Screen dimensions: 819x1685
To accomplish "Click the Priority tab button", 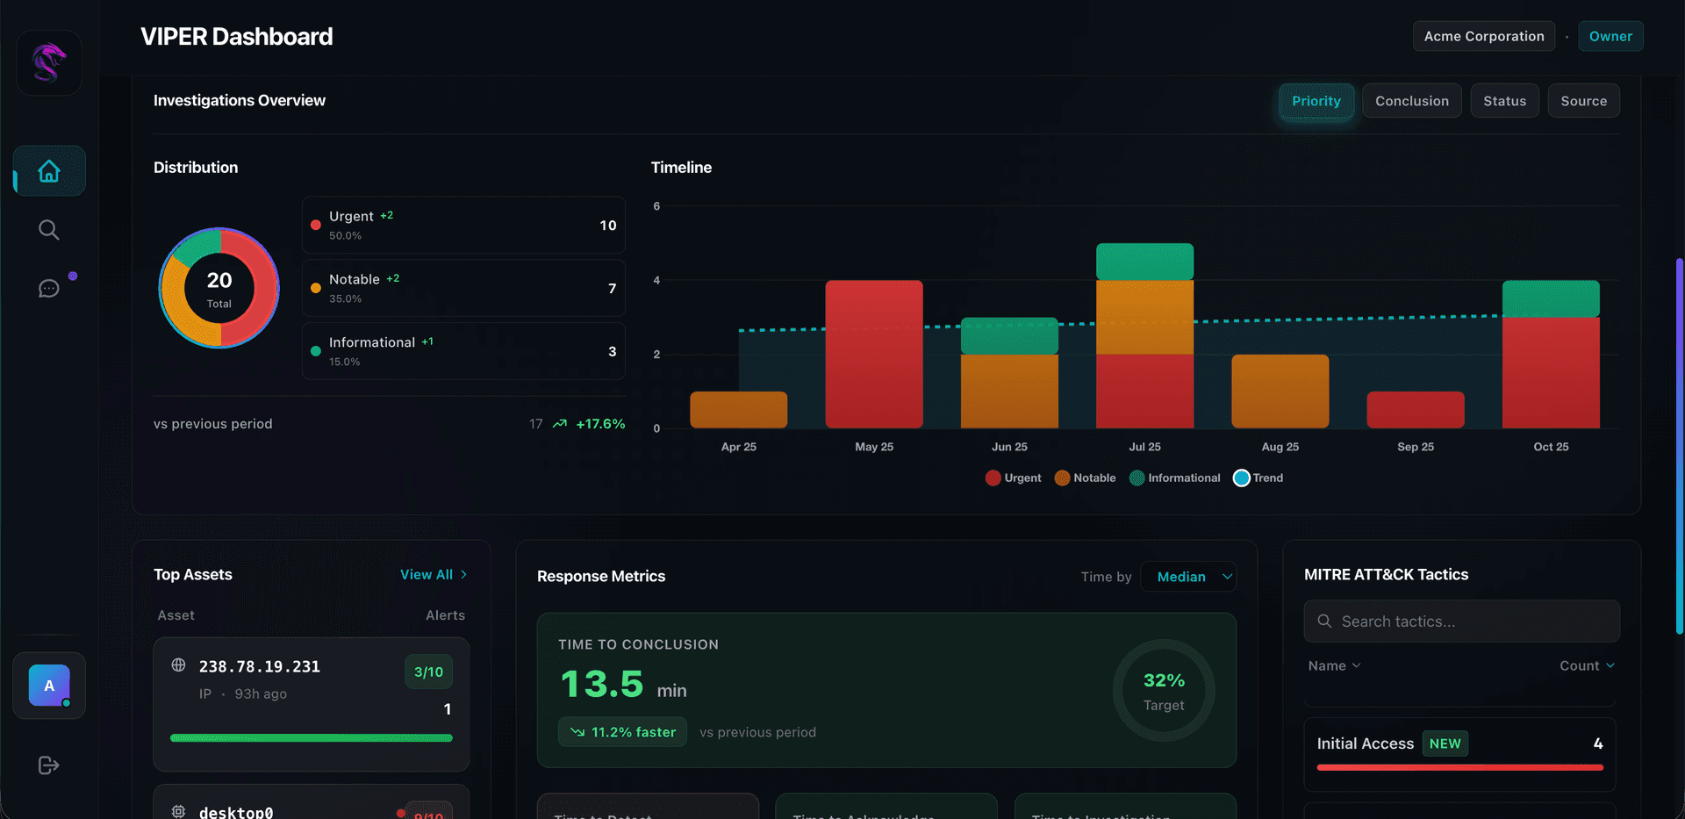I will (x=1316, y=101).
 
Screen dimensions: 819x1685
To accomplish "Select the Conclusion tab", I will (x=1411, y=101).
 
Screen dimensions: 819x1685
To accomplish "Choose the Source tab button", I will (x=1583, y=101).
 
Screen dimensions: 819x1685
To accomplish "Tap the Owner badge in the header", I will (x=1610, y=36).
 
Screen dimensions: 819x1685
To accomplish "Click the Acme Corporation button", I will (x=1483, y=36).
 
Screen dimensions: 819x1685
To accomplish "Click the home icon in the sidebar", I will (x=49, y=171).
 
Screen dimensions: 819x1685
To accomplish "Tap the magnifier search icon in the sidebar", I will (x=49, y=230).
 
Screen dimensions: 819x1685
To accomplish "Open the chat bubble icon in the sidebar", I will (x=49, y=289).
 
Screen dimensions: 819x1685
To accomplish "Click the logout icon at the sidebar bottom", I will (x=49, y=765).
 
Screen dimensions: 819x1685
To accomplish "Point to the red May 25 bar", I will (x=874, y=354).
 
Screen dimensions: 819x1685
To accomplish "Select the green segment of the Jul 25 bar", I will (x=1144, y=262).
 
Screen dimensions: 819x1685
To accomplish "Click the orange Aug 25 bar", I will (x=1280, y=392).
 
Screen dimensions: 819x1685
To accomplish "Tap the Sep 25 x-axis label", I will (x=1415, y=447).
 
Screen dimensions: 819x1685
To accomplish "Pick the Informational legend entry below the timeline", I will (x=1175, y=478).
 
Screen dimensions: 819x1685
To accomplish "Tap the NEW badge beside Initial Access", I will (x=1445, y=744).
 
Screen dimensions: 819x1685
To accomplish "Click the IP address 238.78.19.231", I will (x=260, y=666).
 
